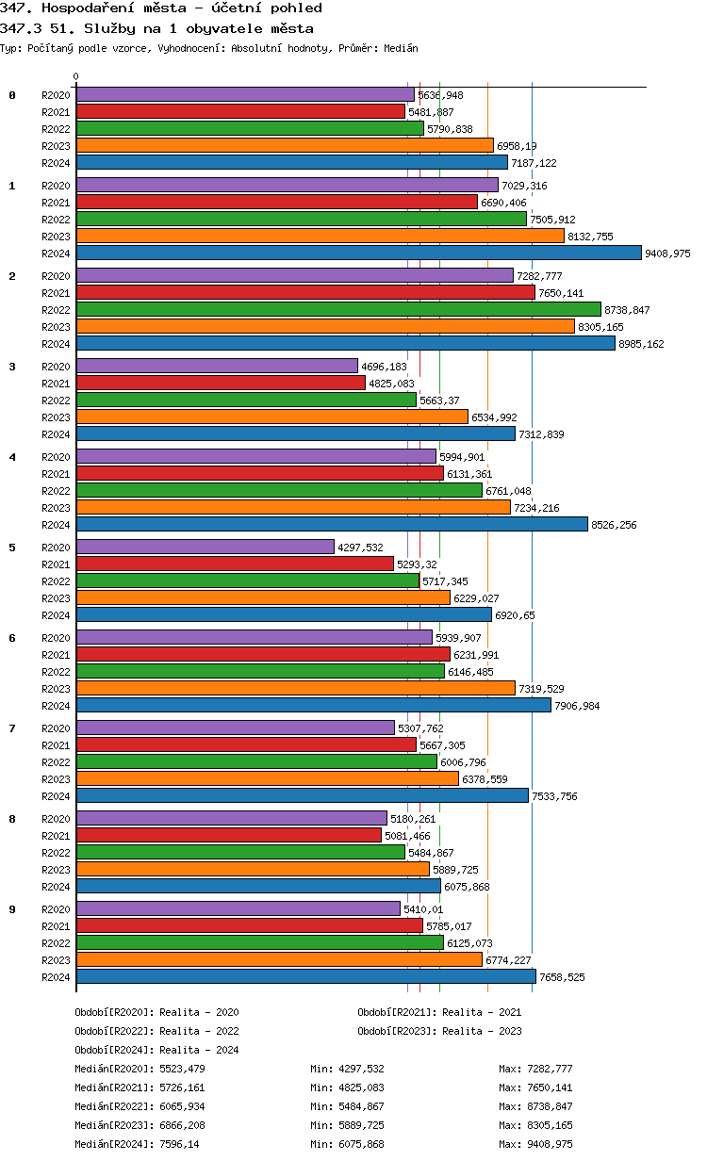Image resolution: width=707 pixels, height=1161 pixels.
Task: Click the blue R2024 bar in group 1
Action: pos(358,253)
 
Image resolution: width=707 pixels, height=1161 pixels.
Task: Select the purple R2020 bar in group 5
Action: pos(206,547)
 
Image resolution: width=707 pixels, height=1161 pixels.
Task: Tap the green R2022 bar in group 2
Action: pos(338,309)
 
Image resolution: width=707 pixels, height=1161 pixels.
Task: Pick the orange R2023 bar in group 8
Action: pos(253,869)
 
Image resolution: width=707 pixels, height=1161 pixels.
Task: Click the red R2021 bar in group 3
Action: pos(221,383)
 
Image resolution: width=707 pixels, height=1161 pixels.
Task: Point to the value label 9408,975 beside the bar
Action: pos(667,253)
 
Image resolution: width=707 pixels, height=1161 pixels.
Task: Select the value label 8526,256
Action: pos(614,525)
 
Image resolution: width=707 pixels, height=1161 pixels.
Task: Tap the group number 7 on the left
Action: pos(12,728)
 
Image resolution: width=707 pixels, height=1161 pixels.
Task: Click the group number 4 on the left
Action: pos(12,457)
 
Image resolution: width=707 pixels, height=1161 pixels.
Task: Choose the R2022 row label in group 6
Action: pos(56,672)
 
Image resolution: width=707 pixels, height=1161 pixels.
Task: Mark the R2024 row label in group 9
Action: pos(56,977)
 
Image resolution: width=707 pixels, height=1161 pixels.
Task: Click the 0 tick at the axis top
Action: pos(76,77)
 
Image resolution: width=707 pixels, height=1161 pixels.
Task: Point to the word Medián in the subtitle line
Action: pos(401,48)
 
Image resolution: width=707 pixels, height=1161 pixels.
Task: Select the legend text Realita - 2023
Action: pos(482,1031)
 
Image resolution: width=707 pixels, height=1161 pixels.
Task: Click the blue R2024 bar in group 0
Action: pos(292,162)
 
